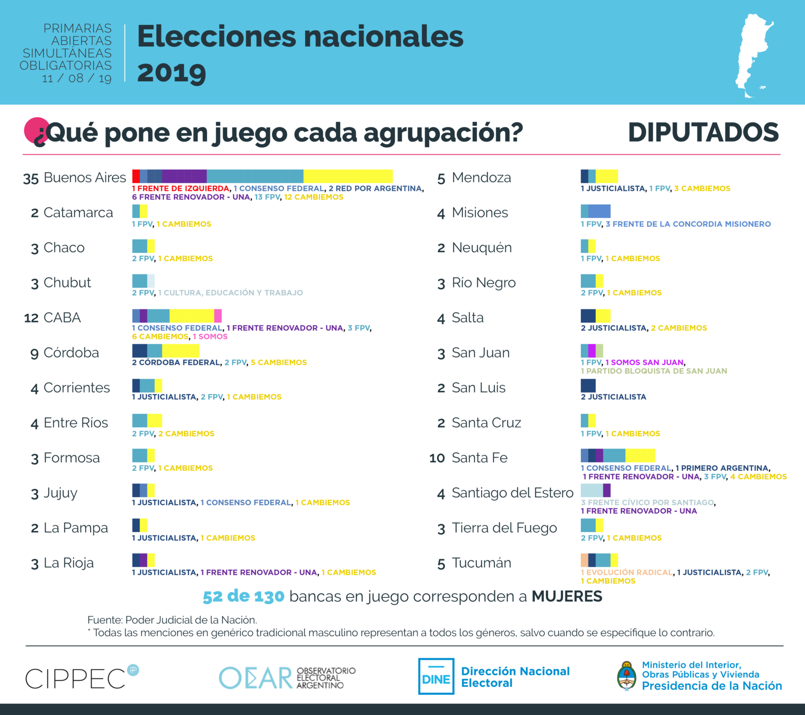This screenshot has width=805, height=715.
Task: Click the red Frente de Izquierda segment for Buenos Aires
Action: pos(136,176)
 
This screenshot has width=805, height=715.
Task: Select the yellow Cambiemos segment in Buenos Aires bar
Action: pos(348,176)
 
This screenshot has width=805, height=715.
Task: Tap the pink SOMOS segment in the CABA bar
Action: pos(218,316)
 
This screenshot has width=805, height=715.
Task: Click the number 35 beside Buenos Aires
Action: pos(31,178)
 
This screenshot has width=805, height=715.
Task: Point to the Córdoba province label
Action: pos(71,353)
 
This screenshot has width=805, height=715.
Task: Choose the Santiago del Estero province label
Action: pos(512,493)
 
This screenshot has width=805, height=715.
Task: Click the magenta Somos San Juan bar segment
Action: pos(592,351)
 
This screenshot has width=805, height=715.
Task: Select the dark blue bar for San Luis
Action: pos(588,386)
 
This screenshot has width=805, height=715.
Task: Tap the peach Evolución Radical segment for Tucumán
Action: pos(585,560)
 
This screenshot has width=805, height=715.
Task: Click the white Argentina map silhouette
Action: pos(753,56)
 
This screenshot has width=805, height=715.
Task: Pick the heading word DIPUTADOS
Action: pos(703,132)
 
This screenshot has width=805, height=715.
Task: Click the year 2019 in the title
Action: pos(172,73)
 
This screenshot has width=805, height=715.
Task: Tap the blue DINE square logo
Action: pos(436,676)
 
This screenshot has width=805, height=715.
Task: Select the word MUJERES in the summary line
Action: pos(567,596)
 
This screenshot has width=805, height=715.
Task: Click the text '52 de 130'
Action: pos(243,597)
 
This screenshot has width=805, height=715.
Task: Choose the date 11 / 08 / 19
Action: pos(77,78)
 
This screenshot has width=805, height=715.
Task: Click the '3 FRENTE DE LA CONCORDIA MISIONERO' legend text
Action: pos(688,224)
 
